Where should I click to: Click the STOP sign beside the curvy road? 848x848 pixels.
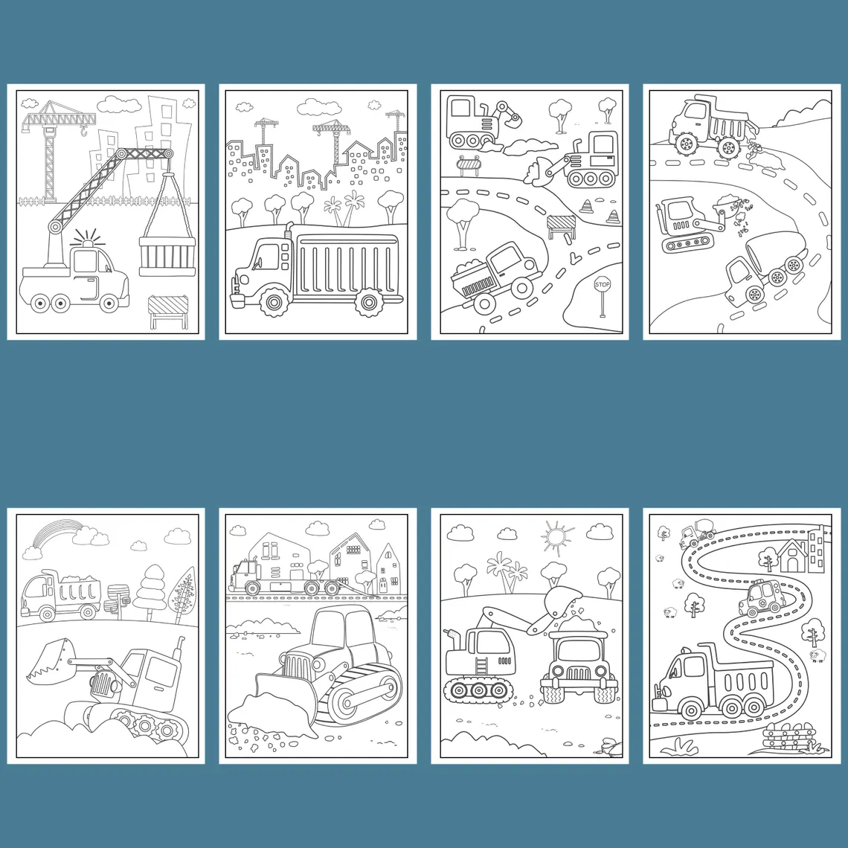pos(602,284)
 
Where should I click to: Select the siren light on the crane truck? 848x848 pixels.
pos(85,239)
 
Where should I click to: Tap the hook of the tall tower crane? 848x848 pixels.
pos(83,129)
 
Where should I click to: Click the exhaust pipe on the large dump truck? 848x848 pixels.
pos(288,230)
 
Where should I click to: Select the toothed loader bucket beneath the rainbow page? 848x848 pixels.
pos(51,660)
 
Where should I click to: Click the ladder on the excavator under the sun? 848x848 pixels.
pos(481,665)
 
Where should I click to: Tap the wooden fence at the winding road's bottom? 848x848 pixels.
pos(789,736)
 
